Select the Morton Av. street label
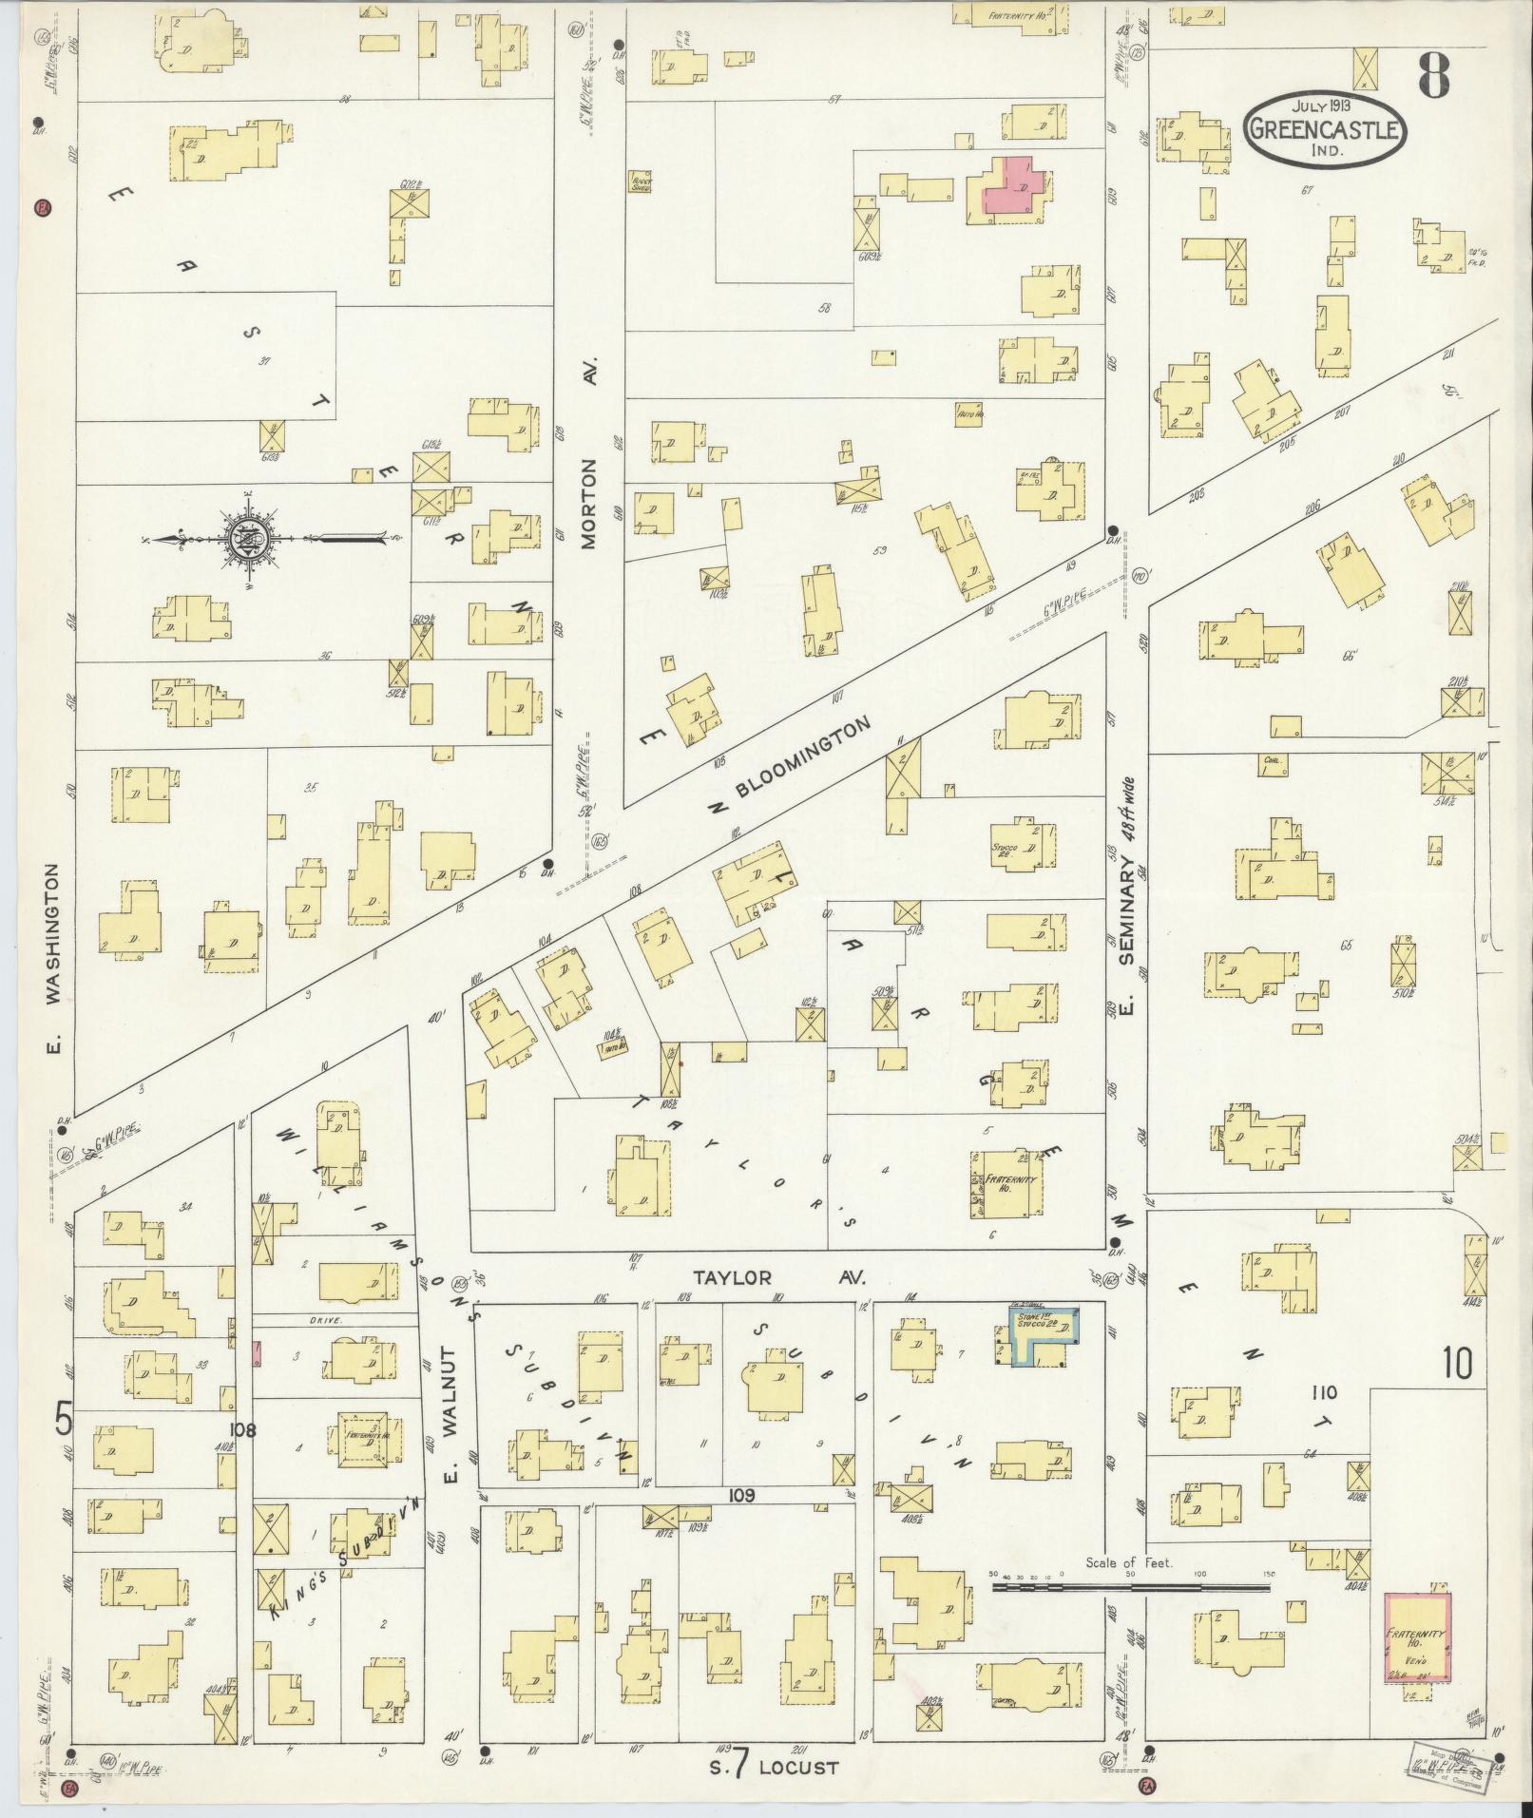click(x=589, y=504)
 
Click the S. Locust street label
click(x=770, y=1768)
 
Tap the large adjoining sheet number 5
click(x=64, y=1420)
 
